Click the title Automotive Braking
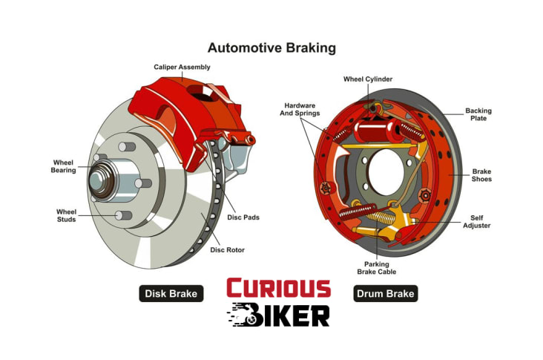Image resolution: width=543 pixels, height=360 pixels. pos(271,48)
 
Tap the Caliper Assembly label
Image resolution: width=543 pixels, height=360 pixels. pos(182,67)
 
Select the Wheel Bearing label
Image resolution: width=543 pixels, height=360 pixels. pos(63,166)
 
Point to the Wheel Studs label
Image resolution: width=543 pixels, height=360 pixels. pos(67,215)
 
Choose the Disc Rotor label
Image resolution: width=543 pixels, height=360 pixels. pos(227,249)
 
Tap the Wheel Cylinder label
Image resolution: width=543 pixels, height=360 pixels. pos(367,79)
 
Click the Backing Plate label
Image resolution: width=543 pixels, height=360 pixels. pos(478,115)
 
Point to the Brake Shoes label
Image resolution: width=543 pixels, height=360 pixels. pos(481,175)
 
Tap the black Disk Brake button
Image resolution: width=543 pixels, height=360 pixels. pos(171,293)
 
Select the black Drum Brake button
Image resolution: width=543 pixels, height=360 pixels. pos(385,293)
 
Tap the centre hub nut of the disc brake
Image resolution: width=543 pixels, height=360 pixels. pos(101,180)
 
